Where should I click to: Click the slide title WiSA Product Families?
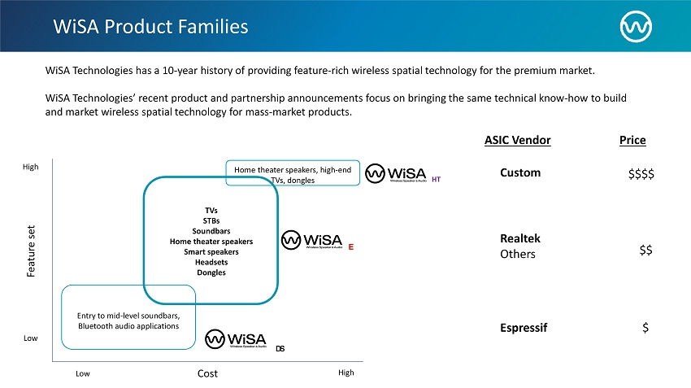pos(150,26)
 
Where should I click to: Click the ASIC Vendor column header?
pos(517,140)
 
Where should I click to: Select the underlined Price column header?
pos(632,140)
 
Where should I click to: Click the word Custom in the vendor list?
pos(520,172)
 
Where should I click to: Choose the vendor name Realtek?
pos(520,238)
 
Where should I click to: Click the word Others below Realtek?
pos(518,254)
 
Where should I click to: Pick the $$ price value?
pos(645,251)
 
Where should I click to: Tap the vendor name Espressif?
pos(524,327)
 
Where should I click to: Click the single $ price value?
pos(645,327)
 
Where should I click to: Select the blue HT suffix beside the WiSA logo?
pos(437,178)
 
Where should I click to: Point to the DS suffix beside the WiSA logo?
pos(280,349)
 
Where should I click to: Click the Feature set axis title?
pos(32,251)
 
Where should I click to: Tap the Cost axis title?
pos(207,373)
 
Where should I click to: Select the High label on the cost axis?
pos(345,373)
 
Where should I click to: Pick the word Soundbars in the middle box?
pos(211,231)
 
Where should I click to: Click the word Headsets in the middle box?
pos(211,262)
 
